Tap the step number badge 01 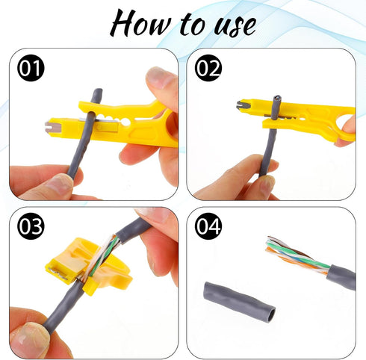pyautogui.click(x=31, y=69)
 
